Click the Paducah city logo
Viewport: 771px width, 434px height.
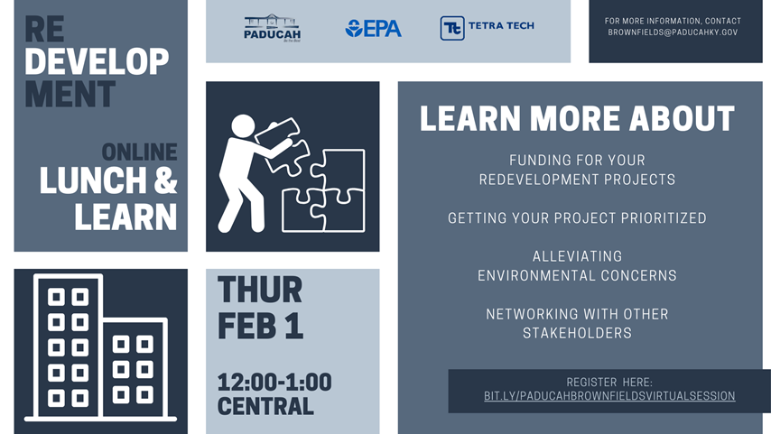(x=272, y=28)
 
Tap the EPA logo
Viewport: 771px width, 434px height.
(x=373, y=29)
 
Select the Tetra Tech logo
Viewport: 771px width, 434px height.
(x=487, y=28)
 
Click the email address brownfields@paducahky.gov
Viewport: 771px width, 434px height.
(x=673, y=32)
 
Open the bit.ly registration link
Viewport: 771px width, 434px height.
(x=609, y=396)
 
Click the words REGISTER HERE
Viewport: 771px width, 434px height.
(x=609, y=383)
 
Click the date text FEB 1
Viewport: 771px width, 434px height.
(x=260, y=325)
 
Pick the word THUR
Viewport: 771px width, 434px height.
(x=260, y=291)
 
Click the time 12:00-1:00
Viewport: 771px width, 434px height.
(x=274, y=383)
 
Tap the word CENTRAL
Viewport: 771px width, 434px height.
(x=265, y=406)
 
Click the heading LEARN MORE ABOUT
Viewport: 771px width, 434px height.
(x=577, y=118)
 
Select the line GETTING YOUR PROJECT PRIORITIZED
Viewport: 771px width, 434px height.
(x=577, y=218)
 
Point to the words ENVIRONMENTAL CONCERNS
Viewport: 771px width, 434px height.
(x=577, y=275)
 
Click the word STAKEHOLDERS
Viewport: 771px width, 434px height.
(x=577, y=333)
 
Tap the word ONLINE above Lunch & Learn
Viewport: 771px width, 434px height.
(x=139, y=152)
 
